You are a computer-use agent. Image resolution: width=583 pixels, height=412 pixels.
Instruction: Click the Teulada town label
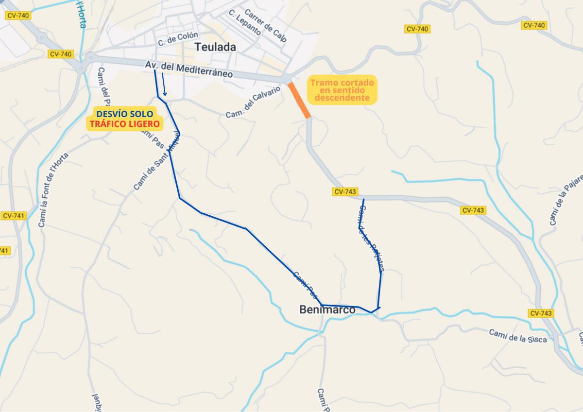click(215, 47)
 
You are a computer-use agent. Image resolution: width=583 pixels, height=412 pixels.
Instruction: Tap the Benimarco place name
click(327, 309)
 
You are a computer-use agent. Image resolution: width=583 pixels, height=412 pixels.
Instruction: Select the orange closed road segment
click(299, 100)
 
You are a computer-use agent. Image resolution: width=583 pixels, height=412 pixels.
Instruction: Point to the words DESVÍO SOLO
click(125, 114)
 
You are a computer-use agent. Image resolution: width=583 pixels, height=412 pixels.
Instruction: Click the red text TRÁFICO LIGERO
click(125, 124)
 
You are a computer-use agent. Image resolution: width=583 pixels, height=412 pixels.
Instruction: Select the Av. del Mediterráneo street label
click(189, 70)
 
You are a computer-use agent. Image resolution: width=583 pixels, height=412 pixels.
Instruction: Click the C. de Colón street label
click(178, 39)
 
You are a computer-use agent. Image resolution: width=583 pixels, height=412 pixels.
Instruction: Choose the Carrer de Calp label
click(266, 26)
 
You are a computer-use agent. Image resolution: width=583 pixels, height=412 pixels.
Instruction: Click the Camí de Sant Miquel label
click(156, 161)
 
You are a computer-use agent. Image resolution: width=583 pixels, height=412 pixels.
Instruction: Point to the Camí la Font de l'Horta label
click(53, 189)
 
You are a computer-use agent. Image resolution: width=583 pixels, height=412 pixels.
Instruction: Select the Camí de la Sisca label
click(518, 336)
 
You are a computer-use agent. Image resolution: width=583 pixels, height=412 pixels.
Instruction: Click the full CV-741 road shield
click(14, 216)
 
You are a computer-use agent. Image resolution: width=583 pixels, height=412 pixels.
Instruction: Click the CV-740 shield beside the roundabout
click(61, 54)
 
